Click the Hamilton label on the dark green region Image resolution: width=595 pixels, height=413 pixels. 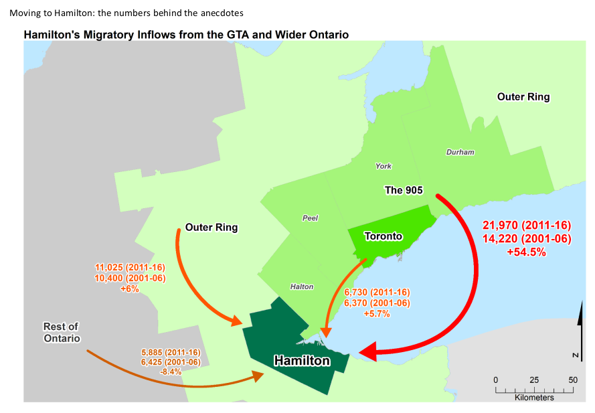[x=302, y=361]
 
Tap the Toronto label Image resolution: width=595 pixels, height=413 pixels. [x=383, y=236]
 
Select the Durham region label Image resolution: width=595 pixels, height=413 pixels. [x=460, y=152]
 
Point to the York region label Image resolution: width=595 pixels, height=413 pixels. [x=384, y=166]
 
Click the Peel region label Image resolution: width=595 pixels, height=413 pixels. [x=311, y=218]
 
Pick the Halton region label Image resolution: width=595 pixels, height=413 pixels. [x=302, y=286]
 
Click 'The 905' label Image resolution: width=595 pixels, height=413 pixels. [x=403, y=190]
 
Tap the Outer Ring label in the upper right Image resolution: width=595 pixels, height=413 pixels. [x=523, y=97]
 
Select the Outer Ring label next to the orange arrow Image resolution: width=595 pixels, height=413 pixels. [x=211, y=228]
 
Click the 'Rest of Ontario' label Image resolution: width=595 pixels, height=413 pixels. [x=61, y=333]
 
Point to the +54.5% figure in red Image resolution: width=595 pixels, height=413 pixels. [x=526, y=252]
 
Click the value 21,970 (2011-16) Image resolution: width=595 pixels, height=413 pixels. [x=526, y=224]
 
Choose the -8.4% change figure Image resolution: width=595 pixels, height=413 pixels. [x=171, y=371]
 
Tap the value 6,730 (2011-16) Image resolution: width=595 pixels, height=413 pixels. [x=377, y=293]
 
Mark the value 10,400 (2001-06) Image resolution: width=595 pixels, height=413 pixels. [x=130, y=278]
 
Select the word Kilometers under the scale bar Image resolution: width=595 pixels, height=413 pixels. [x=534, y=398]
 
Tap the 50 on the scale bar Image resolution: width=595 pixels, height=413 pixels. [x=573, y=380]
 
